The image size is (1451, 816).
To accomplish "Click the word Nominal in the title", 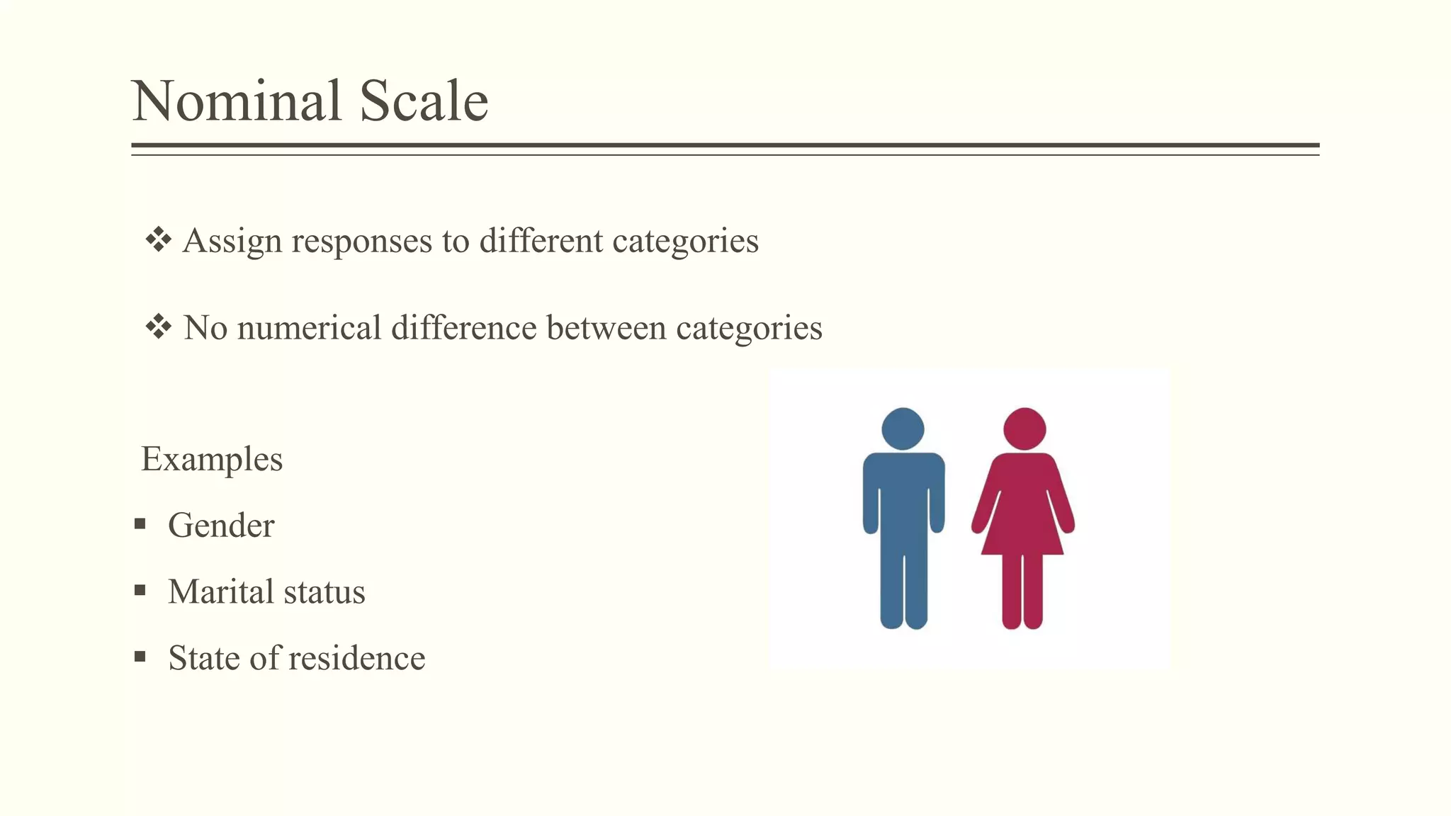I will point(237,101).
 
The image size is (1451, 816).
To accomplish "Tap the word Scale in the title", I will point(424,101).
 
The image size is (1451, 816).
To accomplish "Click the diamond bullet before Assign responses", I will point(158,240).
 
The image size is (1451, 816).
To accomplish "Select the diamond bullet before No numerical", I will point(158,327).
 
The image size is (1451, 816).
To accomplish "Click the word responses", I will point(361,242).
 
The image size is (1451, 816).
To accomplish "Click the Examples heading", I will point(212,459).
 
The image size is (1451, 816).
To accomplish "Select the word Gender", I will point(221,526).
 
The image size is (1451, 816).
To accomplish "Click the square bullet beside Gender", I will point(140,524).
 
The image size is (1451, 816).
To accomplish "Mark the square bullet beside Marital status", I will point(140,590).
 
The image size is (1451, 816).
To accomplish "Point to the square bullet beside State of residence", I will point(140,657).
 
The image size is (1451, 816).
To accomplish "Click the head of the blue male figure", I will point(903,429).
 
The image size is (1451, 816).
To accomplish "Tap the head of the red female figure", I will point(1024,429).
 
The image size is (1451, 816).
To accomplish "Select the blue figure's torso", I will point(903,496).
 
